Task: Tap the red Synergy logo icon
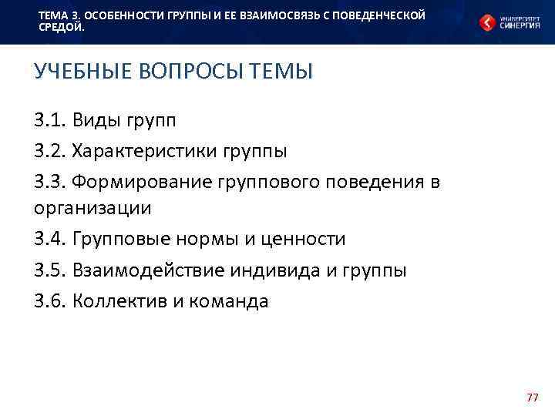(x=486, y=22)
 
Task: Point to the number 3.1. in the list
(x=50, y=119)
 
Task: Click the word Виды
(x=97, y=119)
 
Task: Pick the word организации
(x=92, y=208)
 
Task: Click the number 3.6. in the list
(x=50, y=301)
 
